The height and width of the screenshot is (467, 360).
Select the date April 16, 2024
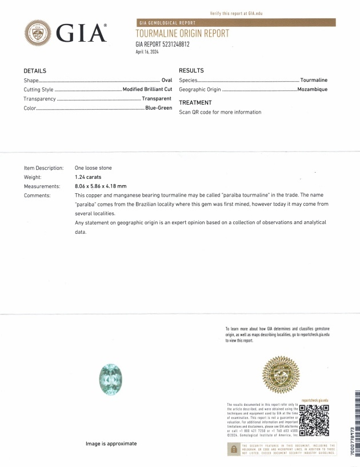click(x=147, y=51)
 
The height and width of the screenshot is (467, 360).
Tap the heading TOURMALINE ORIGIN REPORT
click(x=182, y=34)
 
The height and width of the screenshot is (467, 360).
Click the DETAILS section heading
click(x=34, y=71)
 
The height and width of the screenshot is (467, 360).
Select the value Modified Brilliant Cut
click(x=147, y=90)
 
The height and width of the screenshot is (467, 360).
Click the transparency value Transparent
click(x=157, y=99)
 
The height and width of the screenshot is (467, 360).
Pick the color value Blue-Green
click(x=158, y=108)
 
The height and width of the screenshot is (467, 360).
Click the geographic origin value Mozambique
click(x=312, y=90)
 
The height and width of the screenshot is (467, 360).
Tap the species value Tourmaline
click(x=314, y=80)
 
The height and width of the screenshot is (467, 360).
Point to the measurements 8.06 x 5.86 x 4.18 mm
click(x=101, y=186)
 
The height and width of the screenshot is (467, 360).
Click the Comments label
click(x=37, y=195)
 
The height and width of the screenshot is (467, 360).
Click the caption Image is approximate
click(x=111, y=443)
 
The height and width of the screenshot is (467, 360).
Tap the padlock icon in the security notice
click(x=234, y=450)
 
